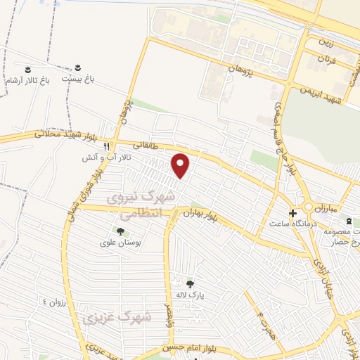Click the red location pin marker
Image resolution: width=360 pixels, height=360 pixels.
click(x=181, y=165)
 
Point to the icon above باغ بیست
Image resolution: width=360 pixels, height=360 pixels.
click(x=77, y=68)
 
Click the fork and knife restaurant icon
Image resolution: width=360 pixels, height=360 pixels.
click(x=106, y=147)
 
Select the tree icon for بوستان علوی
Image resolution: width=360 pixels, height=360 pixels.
click(x=120, y=231)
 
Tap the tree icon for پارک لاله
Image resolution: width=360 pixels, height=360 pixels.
click(x=190, y=284)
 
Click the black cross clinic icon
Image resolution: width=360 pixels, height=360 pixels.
click(x=292, y=212)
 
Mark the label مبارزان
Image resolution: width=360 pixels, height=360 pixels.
click(x=326, y=210)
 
